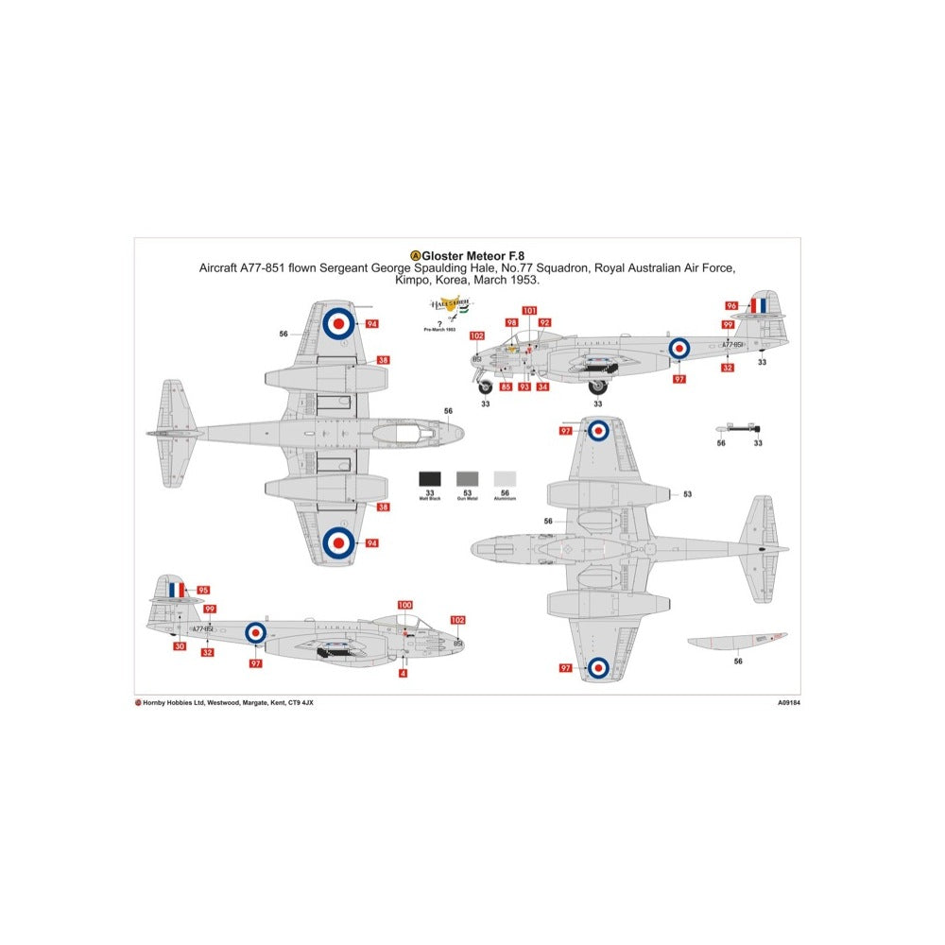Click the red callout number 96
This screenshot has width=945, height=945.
tap(731, 305)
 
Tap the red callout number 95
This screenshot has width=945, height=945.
tap(203, 590)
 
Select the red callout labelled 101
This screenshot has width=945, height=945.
tap(529, 311)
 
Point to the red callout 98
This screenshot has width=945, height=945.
tap(511, 323)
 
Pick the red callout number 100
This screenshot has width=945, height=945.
tap(405, 605)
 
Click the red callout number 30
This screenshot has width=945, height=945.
tap(180, 647)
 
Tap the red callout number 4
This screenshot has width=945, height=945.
tap(404, 674)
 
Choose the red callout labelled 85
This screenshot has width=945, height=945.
tap(507, 387)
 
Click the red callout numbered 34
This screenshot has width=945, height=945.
tap(542, 387)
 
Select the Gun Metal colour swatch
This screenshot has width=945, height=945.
tap(468, 479)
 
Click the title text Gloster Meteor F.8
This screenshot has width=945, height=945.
tap(468, 255)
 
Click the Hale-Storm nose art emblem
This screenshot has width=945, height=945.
tap(453, 304)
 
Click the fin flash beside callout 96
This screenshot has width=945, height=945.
tap(759, 304)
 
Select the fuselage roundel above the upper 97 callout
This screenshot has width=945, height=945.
tap(679, 348)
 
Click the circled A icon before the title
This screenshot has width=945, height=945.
tap(415, 255)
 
